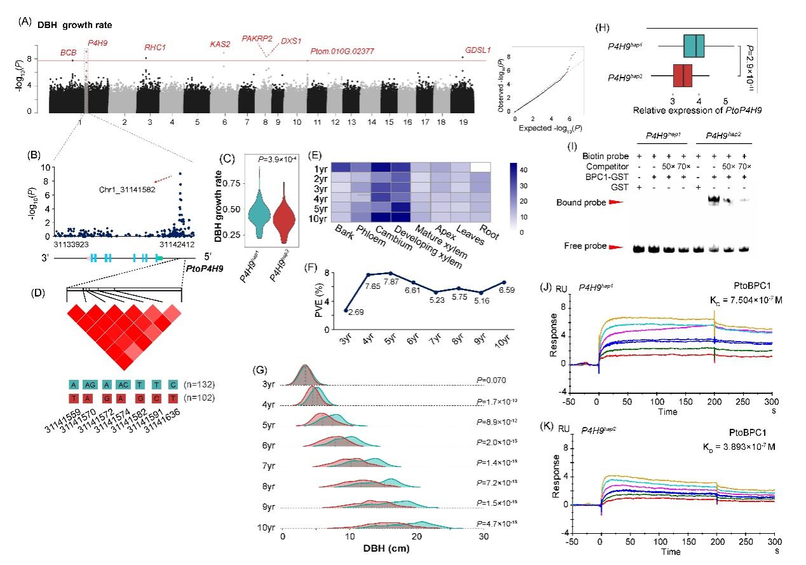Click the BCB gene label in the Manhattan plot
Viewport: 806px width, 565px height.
pyautogui.click(x=67, y=52)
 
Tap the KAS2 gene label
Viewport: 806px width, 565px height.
pyautogui.click(x=221, y=44)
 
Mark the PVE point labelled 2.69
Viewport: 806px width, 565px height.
pyautogui.click(x=345, y=310)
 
